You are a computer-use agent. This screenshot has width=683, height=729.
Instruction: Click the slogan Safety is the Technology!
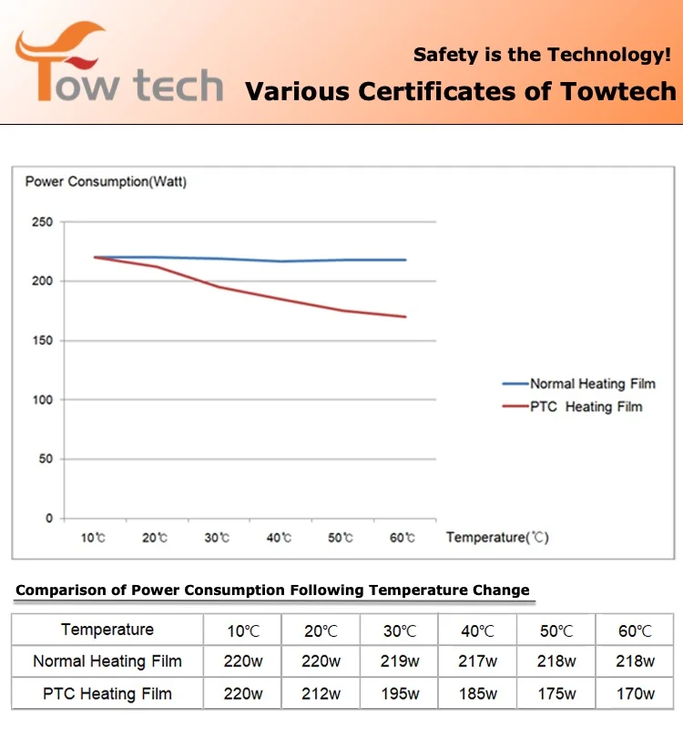(542, 55)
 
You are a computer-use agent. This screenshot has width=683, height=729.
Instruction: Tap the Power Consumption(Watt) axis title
(106, 182)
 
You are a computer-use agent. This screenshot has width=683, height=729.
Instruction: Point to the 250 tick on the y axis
(42, 222)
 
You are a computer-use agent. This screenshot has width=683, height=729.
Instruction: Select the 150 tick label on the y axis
(42, 341)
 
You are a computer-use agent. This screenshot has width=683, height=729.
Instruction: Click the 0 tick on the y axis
(49, 519)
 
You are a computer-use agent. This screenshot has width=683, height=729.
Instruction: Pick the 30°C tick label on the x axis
(217, 539)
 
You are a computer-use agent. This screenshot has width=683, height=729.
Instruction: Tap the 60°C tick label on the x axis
(403, 539)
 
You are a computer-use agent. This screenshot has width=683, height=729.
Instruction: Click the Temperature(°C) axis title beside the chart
(497, 538)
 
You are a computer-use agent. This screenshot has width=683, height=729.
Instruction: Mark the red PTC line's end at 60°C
(405, 317)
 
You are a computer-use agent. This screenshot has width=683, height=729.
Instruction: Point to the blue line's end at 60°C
(405, 260)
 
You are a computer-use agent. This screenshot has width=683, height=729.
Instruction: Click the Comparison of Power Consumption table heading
(272, 590)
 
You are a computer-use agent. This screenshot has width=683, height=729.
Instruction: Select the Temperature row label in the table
(107, 630)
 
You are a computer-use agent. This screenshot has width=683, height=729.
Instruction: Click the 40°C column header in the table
(478, 631)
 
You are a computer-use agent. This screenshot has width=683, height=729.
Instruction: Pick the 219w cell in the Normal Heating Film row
(400, 662)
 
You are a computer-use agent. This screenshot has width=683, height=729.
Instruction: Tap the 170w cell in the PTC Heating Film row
(635, 693)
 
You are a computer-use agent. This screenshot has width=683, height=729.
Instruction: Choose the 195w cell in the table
(400, 693)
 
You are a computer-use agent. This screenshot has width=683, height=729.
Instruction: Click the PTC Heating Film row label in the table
(107, 693)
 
